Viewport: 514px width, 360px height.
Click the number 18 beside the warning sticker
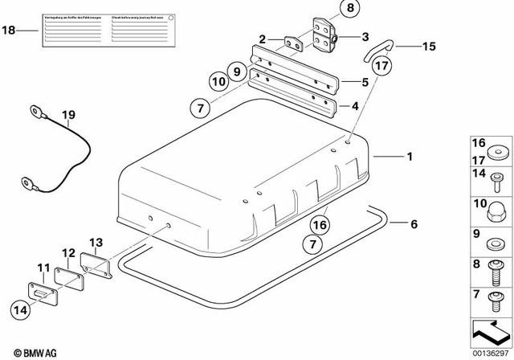tap(9, 31)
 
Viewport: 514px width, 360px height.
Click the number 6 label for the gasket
tap(414, 224)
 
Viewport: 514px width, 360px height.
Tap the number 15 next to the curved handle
tap(428, 47)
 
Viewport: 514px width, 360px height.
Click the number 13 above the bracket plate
tap(96, 242)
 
